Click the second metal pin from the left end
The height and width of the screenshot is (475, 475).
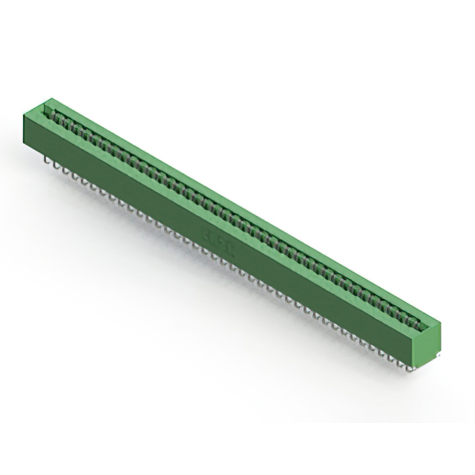point(56,164)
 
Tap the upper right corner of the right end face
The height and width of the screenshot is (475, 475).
point(441,321)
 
